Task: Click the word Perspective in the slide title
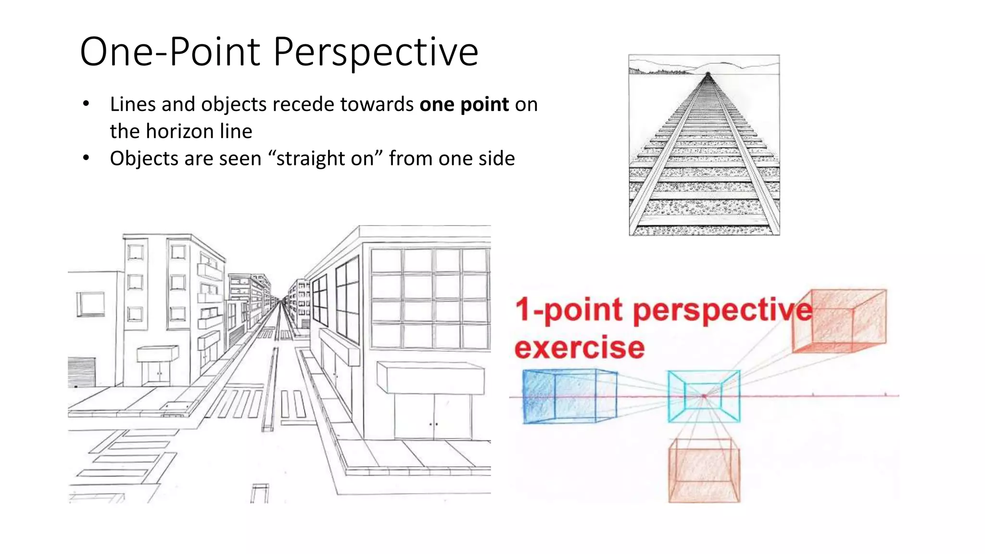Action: (376, 52)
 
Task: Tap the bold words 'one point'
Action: (464, 104)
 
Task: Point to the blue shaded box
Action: (569, 396)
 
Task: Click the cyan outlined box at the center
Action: (704, 396)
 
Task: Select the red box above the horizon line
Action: (839, 320)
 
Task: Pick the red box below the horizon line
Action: (704, 470)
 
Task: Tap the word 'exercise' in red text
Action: (580, 348)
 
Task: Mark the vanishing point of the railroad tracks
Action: (707, 74)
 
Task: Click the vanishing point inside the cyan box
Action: (704, 396)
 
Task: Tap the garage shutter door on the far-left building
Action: (81, 372)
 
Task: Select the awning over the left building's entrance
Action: (157, 354)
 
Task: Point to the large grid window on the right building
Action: (430, 298)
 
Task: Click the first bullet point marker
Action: (86, 104)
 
